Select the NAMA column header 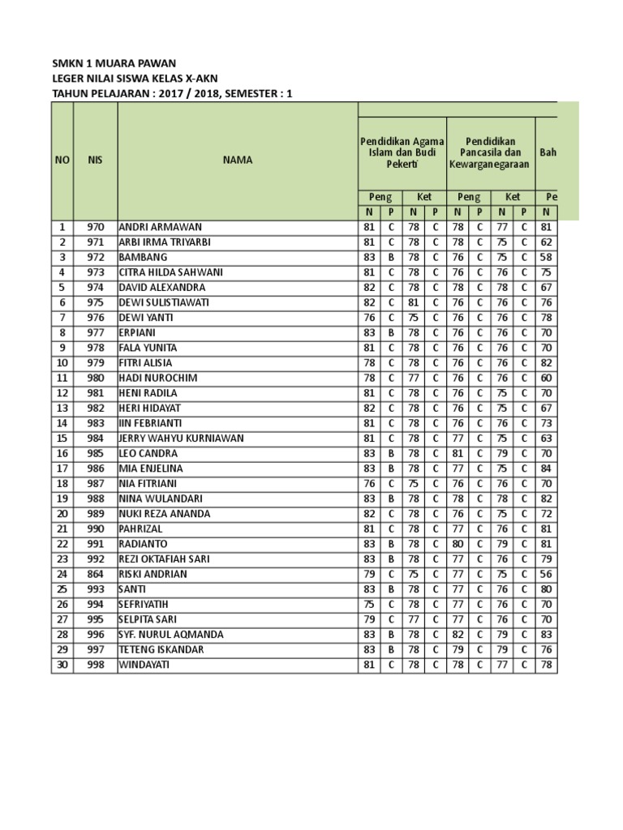click(238, 160)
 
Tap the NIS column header click(96, 160)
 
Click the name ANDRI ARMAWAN click(161, 227)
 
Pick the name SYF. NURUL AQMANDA click(170, 635)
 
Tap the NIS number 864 click(96, 574)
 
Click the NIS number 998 click(96, 665)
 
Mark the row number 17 click(62, 468)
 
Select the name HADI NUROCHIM click(158, 378)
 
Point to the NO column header click(62, 160)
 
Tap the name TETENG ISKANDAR click(162, 649)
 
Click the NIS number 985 click(96, 453)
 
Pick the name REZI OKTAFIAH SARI click(165, 559)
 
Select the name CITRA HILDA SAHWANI click(170, 272)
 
